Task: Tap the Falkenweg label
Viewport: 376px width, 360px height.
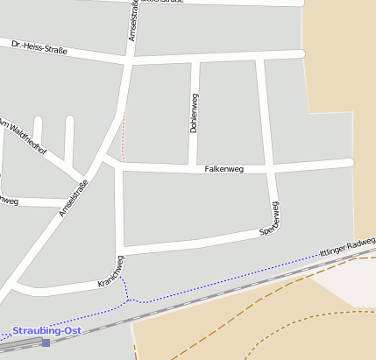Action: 223,168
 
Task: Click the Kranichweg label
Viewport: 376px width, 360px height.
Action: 113,273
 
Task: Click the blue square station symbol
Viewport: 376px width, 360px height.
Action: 46,342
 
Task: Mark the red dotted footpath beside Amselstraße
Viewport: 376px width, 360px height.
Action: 122,136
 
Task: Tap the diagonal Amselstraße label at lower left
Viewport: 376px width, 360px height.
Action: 74,198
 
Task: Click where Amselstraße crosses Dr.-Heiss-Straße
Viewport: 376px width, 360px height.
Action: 131,60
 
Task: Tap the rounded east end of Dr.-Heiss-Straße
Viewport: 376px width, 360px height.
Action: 301,54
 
